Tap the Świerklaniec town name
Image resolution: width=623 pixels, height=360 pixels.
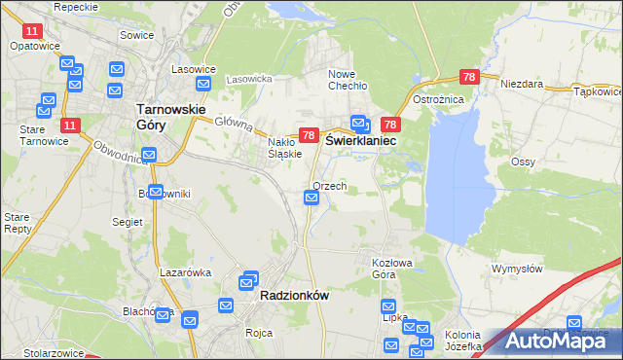tap(361, 140)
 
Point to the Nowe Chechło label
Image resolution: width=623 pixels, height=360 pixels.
tap(348, 80)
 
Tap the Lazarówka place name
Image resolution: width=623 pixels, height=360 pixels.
tap(186, 272)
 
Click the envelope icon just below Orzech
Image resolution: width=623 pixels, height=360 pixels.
tap(311, 198)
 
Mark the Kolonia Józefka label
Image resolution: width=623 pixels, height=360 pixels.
tap(463, 341)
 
